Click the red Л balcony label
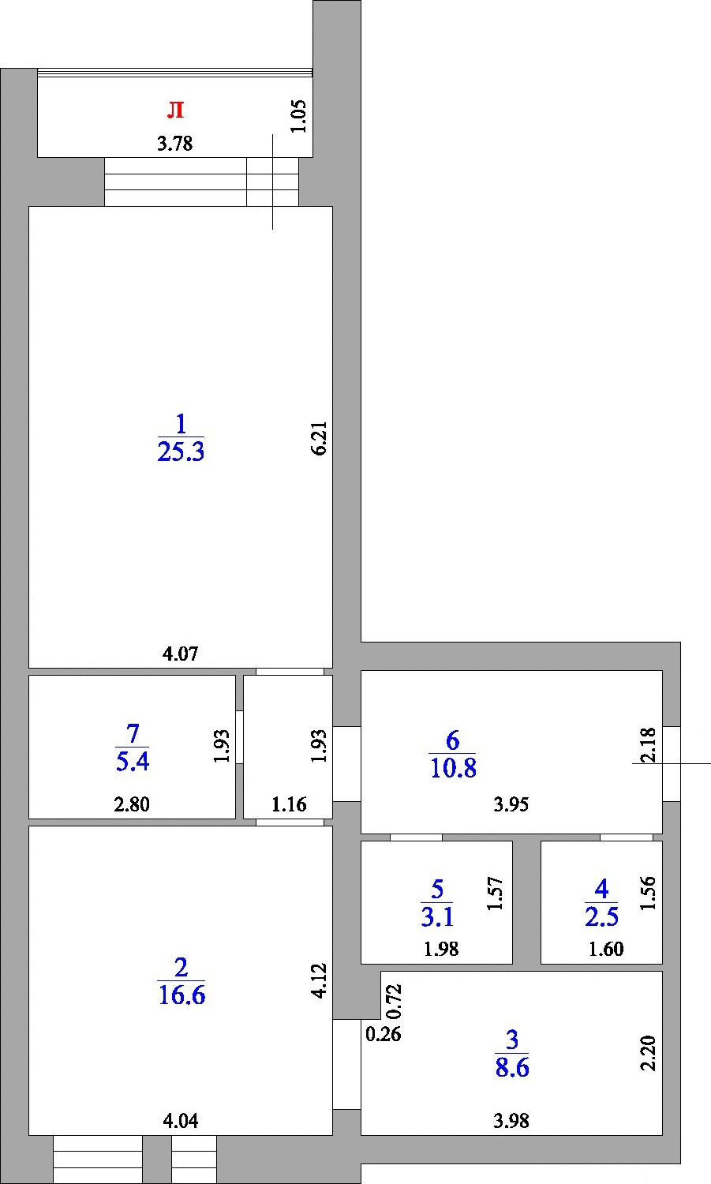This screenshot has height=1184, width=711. coord(175,110)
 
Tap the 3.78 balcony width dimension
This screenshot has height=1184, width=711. coord(175,143)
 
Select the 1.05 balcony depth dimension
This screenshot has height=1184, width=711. coord(298,116)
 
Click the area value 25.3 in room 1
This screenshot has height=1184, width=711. coord(181,452)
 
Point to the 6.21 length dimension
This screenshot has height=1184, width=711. coord(320,439)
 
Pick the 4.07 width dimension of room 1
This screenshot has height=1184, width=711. coord(180,654)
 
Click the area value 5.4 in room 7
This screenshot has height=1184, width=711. coord(133,762)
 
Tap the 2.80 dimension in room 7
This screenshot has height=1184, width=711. coord(132,804)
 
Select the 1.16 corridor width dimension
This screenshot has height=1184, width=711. coord(289,804)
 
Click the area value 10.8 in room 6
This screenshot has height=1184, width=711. coord(454,768)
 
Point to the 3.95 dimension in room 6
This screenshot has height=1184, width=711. coord(511,804)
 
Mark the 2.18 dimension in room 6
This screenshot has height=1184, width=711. coord(648,745)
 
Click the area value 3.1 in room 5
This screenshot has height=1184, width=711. coord(437,917)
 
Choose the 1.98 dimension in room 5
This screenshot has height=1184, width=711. coord(441,950)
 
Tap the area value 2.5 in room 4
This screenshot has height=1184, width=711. coord(601,917)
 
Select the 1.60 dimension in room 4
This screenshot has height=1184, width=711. coord(606,950)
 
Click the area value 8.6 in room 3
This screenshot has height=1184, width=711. coord(512,1067)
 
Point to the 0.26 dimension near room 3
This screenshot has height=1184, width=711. coord(384,1034)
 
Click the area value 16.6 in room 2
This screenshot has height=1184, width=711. coord(181,995)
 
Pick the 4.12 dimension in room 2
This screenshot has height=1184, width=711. coord(320,980)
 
